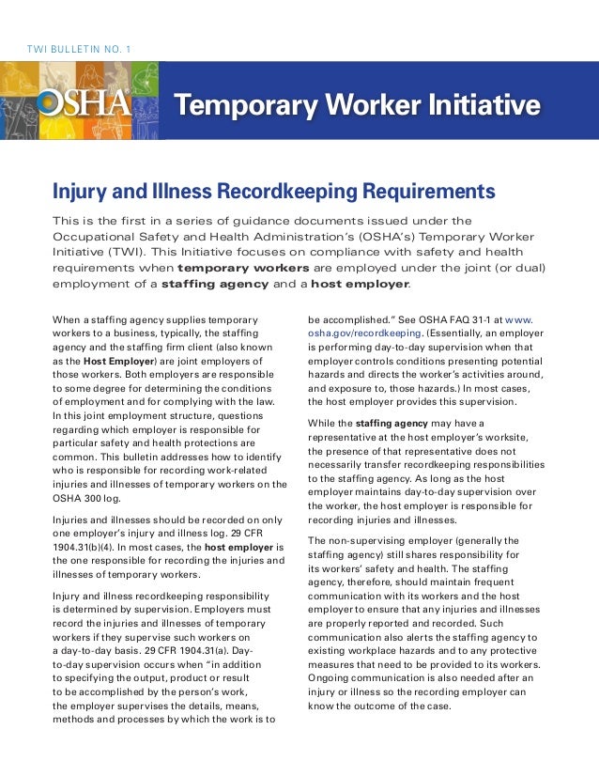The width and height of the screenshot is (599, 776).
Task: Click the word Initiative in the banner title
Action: coord(488,105)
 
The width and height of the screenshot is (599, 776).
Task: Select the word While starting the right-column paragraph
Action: coord(324,424)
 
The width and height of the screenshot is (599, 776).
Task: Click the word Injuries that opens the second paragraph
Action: coord(74,520)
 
